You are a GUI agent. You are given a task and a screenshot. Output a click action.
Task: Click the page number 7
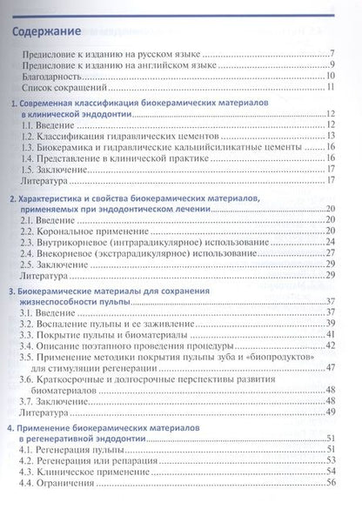point(333,54)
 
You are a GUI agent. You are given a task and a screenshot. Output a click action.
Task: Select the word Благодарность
point(59,77)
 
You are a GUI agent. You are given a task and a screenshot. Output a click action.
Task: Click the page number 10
point(332,77)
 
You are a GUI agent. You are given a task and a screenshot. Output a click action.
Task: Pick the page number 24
point(331,231)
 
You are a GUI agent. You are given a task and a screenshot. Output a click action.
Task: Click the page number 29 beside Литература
point(331,276)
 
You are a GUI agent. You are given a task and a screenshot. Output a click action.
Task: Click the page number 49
point(331,412)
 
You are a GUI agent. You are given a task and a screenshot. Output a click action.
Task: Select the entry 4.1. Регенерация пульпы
point(72,449)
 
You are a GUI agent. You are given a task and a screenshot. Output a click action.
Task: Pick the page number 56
point(331,483)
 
